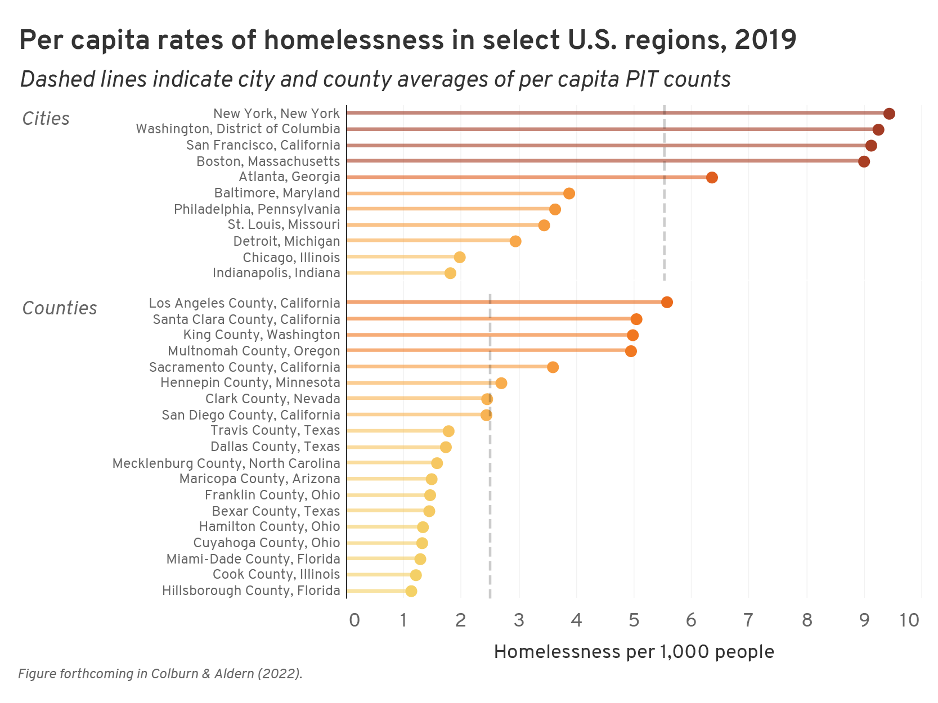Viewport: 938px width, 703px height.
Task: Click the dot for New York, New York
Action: (889, 114)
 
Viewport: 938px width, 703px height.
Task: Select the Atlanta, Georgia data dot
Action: (712, 178)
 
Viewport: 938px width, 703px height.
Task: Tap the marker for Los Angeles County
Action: (667, 303)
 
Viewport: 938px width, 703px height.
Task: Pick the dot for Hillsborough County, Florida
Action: (411, 591)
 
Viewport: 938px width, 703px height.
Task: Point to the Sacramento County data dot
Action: (553, 367)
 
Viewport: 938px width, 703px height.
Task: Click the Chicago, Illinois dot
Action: (460, 258)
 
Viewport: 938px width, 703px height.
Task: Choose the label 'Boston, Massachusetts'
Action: (268, 161)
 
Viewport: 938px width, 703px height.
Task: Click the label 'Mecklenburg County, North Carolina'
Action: (226, 463)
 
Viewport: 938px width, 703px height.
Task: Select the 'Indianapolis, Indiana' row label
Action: (276, 273)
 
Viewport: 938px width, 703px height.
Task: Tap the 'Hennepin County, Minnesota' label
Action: (250, 383)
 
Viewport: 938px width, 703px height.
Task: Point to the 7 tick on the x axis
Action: (748, 620)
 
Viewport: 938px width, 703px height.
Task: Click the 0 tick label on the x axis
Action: (354, 620)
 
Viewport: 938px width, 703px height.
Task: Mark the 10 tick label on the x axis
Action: (909, 620)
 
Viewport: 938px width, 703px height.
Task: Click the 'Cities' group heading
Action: (46, 119)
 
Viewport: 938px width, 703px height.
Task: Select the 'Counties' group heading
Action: (60, 308)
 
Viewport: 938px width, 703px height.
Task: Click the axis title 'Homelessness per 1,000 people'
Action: (634, 652)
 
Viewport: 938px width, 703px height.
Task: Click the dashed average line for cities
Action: (665, 225)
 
